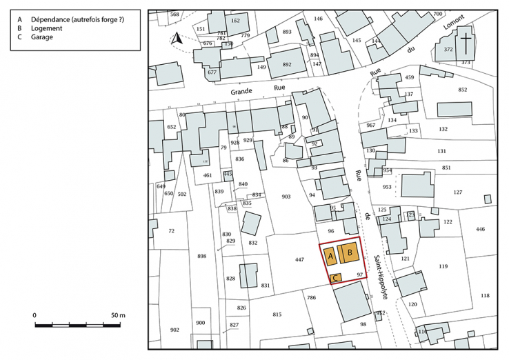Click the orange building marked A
tap(330, 257)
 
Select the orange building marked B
tap(350, 254)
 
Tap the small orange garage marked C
tap(335, 278)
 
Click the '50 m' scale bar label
tap(118, 315)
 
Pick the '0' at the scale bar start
tap(34, 315)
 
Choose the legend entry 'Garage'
tap(41, 37)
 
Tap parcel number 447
tap(299, 260)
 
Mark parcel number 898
tap(201, 257)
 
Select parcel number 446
tap(481, 229)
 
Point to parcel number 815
tap(277, 314)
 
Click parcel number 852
tap(462, 90)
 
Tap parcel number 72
tap(171, 230)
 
